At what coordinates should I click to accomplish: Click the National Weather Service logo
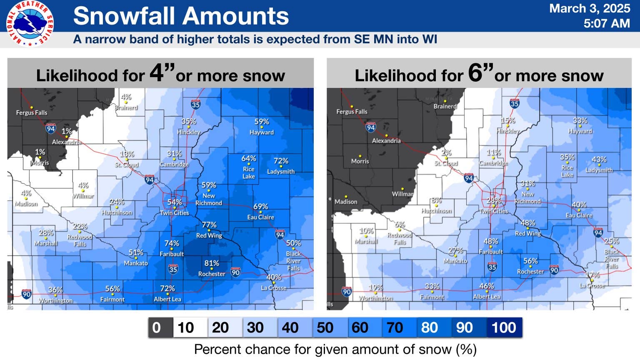30,23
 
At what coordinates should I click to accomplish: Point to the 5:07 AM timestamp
606,23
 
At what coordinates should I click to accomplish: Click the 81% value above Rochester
212,263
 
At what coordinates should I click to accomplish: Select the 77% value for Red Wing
209,225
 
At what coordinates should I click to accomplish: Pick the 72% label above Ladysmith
281,161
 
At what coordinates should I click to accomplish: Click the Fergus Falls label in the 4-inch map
32,112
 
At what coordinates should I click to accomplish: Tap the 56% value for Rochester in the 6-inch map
530,261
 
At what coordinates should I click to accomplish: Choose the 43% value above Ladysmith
599,160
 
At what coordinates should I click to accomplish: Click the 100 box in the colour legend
504,327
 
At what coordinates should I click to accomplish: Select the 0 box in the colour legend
157,327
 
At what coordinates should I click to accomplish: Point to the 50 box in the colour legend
325,327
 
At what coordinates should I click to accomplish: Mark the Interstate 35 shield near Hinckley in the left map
195,104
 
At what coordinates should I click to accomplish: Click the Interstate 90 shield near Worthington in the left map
26,294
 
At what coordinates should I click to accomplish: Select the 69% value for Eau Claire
261,207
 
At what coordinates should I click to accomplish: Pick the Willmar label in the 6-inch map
402,194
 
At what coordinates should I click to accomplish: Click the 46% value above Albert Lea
487,286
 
